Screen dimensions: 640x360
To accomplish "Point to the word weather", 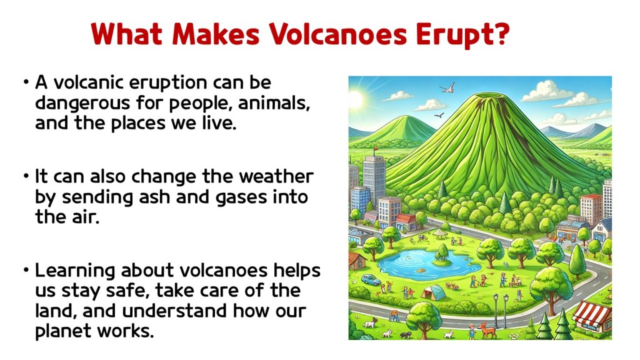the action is click(x=276, y=177).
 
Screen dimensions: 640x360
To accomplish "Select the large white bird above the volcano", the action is click(x=447, y=87).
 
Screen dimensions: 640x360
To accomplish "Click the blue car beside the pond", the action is click(x=371, y=279).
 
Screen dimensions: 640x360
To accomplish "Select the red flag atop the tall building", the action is click(x=376, y=149).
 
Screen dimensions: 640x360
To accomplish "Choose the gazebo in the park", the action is click(x=441, y=234).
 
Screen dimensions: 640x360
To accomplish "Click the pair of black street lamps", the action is click(x=501, y=310).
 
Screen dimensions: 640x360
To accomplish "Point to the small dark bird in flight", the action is click(x=439, y=116).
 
